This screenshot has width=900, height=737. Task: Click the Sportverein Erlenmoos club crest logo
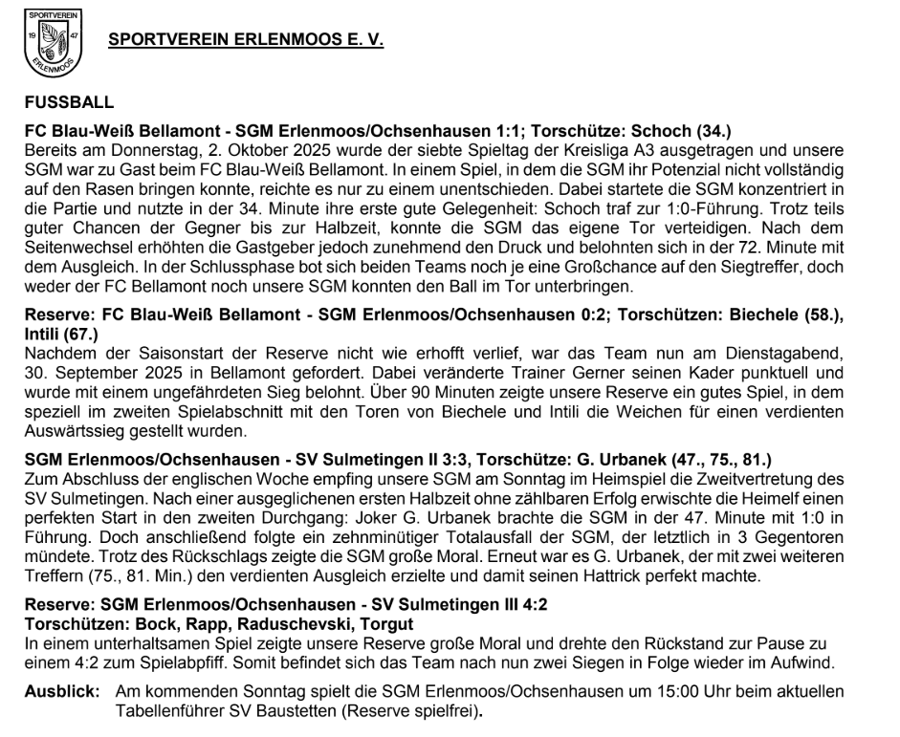coord(54,44)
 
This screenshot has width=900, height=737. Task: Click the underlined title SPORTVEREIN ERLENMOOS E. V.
coord(246,42)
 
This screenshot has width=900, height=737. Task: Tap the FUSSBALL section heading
coord(69,101)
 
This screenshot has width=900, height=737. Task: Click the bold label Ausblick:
coord(59,691)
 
